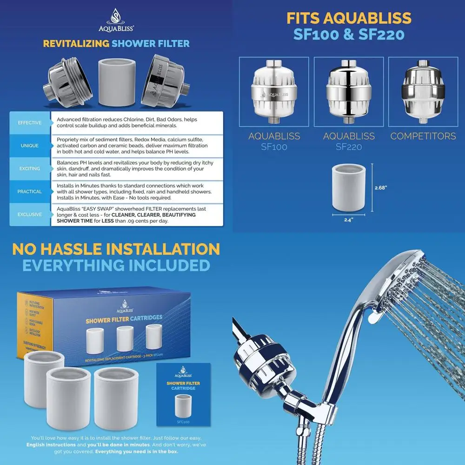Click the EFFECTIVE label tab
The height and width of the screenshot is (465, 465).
29,123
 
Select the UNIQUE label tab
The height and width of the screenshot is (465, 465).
29,146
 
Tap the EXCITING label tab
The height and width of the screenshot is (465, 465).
29,168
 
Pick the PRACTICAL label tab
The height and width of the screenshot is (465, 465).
29,191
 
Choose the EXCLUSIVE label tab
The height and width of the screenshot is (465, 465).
29,214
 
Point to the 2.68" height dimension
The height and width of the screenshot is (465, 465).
381,188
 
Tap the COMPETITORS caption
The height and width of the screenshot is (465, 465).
423,136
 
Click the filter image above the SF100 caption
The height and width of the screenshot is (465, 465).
274,93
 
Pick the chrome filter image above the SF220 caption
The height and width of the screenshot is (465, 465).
349,93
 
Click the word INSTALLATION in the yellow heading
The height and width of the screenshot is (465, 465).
158,249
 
